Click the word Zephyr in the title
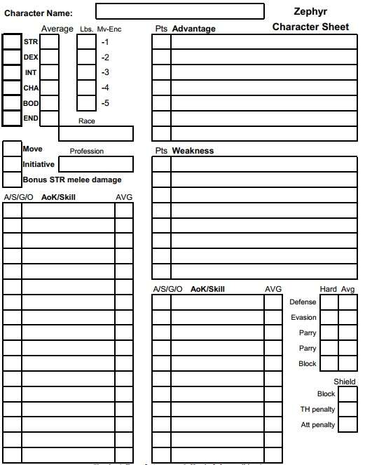point(310,12)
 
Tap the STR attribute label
point(30,41)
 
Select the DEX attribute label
point(31,57)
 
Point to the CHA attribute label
point(31,88)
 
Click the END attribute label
point(31,118)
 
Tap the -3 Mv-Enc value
point(105,72)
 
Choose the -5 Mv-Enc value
point(105,103)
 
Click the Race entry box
point(96,133)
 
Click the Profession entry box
point(95,164)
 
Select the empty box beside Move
point(12,149)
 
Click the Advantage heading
point(193,29)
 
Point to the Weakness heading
point(193,151)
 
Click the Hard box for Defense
point(329,302)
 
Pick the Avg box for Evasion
point(348,318)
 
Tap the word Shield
point(344,382)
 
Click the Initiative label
point(39,164)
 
